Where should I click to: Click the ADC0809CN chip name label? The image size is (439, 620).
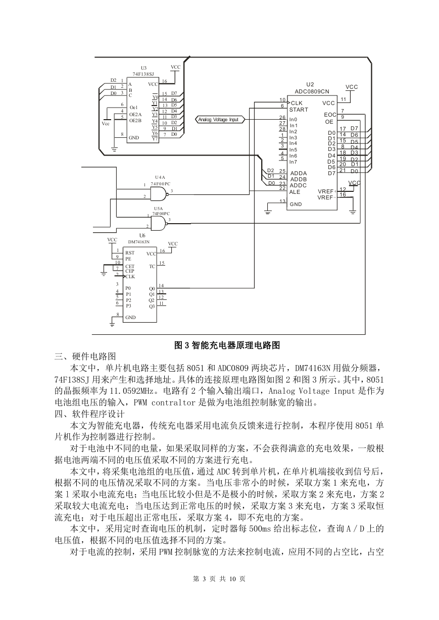point(312,91)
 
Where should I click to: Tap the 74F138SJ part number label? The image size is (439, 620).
point(143,74)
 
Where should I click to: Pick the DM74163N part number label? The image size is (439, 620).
point(139,242)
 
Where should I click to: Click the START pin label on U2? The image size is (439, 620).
point(299,110)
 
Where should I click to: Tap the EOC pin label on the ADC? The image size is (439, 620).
point(330,115)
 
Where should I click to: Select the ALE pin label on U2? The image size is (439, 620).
point(295,192)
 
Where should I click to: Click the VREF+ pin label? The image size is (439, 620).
point(327,191)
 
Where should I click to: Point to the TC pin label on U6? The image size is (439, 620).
point(152,267)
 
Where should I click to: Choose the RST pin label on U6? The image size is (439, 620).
point(130,253)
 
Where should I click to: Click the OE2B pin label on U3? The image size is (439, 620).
point(135,120)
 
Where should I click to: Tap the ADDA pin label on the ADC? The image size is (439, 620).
point(299,173)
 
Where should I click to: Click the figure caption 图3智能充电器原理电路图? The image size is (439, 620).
point(227,345)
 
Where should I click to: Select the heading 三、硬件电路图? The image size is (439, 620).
point(85,356)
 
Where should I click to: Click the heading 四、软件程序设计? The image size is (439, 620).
point(89,414)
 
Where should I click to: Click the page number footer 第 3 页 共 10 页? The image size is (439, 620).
point(219,579)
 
